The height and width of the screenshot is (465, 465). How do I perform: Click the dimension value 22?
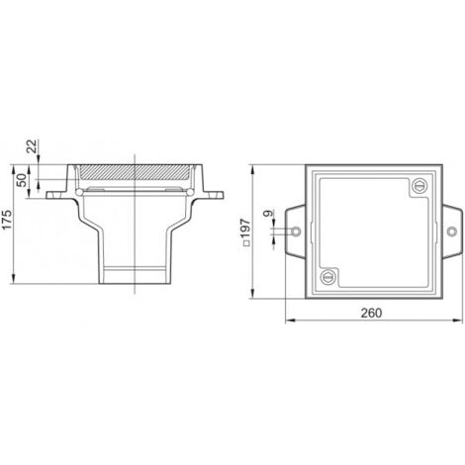32,145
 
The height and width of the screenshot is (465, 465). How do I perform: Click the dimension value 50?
22,180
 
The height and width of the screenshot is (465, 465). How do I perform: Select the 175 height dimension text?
7,220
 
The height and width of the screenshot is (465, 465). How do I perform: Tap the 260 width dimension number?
371,313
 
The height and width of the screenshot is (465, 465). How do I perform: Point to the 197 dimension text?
245,229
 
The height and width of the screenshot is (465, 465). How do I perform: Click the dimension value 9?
268,214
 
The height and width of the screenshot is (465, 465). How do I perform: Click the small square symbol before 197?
245,243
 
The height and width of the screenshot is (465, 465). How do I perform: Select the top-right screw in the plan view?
419,186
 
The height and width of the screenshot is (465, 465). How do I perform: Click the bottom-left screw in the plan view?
327,277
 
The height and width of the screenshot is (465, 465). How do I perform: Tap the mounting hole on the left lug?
296,232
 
